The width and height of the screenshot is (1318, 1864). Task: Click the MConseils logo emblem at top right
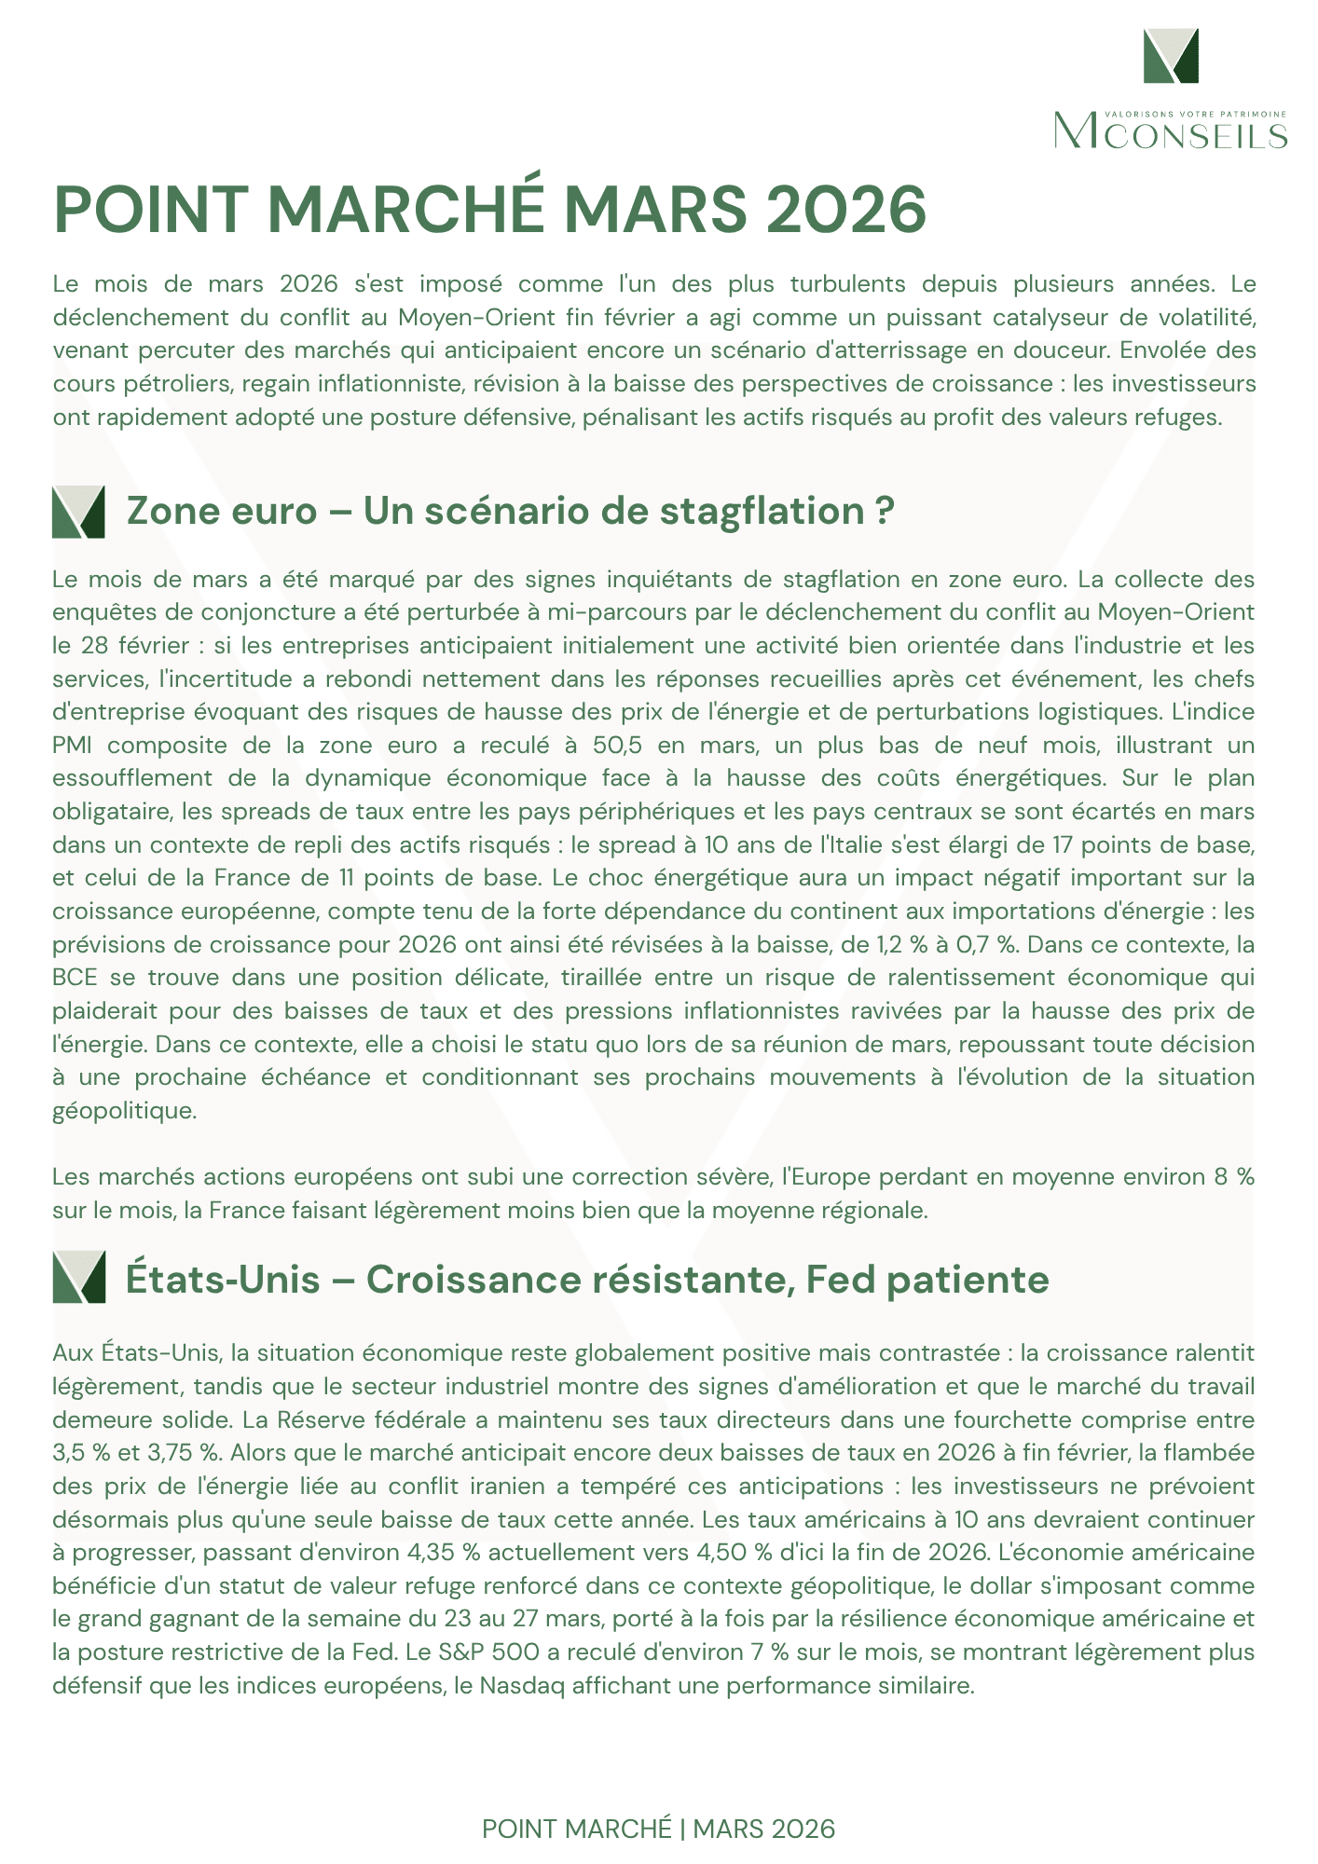1171,56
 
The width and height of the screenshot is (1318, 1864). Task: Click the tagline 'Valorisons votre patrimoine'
1195,114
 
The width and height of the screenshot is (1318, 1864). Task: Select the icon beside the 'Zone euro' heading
78,512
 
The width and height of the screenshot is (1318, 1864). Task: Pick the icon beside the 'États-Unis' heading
78,1277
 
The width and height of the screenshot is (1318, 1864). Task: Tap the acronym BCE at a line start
73,978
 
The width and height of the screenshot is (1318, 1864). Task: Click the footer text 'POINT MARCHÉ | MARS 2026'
658,1829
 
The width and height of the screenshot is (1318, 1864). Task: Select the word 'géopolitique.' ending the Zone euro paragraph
125,1111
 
